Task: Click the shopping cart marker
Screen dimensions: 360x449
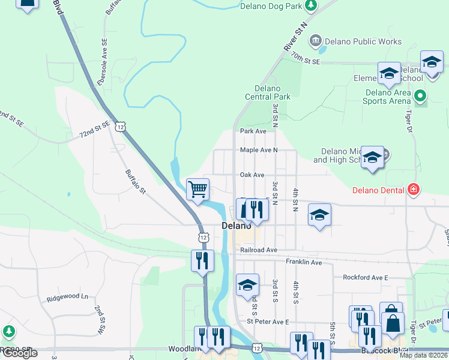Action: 197,190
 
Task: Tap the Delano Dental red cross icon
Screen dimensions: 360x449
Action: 413,190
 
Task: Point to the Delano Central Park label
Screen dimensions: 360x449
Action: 268,92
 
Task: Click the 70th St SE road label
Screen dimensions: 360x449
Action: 306,58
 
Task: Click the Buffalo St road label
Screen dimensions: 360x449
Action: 136,182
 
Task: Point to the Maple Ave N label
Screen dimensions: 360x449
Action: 259,150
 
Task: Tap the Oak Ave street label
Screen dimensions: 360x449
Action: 252,175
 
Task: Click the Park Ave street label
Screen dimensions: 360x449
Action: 253,131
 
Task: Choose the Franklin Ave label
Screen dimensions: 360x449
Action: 304,262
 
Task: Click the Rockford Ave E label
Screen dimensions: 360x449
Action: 366,278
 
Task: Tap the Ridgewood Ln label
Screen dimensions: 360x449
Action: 67,297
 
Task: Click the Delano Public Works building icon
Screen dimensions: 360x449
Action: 315,41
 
